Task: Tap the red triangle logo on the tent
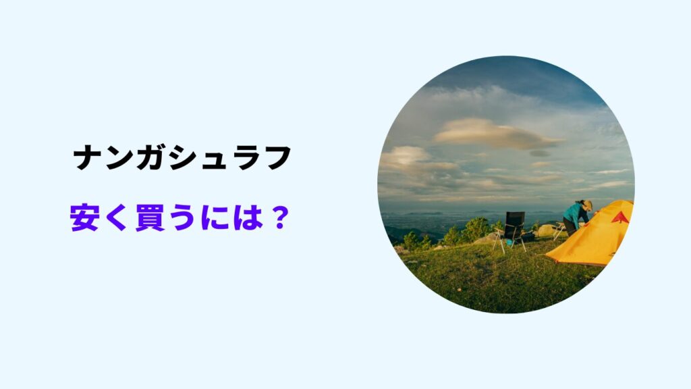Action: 619,217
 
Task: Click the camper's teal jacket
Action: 575,215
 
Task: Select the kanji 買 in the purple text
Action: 150,220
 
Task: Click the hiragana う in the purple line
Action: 182,220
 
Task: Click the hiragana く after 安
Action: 118,220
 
